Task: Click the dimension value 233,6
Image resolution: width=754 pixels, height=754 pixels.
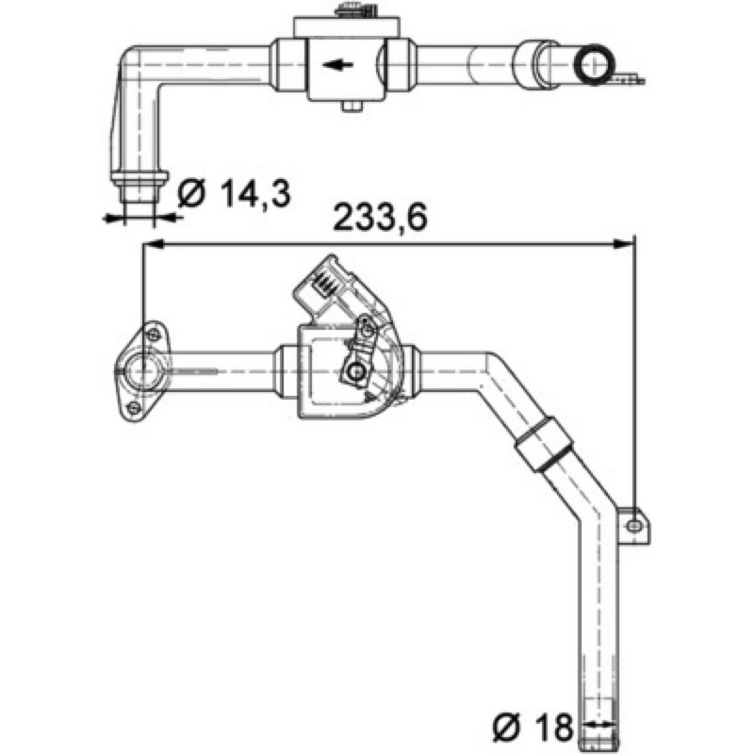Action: tap(380, 218)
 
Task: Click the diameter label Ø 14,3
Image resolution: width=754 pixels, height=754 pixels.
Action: tap(234, 193)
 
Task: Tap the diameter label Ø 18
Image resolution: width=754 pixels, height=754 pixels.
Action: tap(533, 726)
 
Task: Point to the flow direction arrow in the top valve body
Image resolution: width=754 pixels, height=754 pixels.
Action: tap(338, 64)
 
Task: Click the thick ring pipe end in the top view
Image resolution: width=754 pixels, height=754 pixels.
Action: tap(595, 64)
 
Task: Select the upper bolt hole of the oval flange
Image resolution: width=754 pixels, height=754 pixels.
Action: tap(153, 335)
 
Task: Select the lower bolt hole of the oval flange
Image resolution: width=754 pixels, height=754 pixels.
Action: tap(134, 408)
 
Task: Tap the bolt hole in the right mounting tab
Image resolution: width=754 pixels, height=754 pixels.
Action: tap(634, 526)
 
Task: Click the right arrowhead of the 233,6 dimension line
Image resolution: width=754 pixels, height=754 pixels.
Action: tap(624, 245)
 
